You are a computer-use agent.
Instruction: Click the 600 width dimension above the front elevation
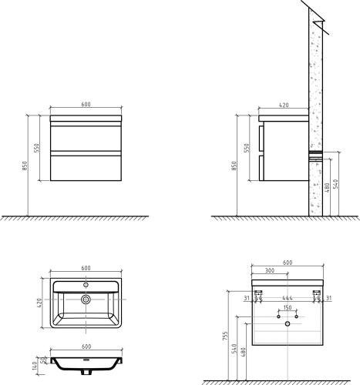(86, 104)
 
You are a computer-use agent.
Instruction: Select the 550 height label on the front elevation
(36, 148)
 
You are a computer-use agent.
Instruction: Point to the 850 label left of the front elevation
(24, 166)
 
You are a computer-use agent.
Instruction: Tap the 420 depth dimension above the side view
(284, 105)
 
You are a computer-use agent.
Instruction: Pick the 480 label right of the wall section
(327, 188)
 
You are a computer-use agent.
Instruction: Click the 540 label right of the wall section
(335, 184)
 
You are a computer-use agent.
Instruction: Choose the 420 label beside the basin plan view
(39, 303)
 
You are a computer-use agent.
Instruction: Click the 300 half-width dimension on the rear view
(270, 270)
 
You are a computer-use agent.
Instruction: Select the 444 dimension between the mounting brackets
(288, 298)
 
